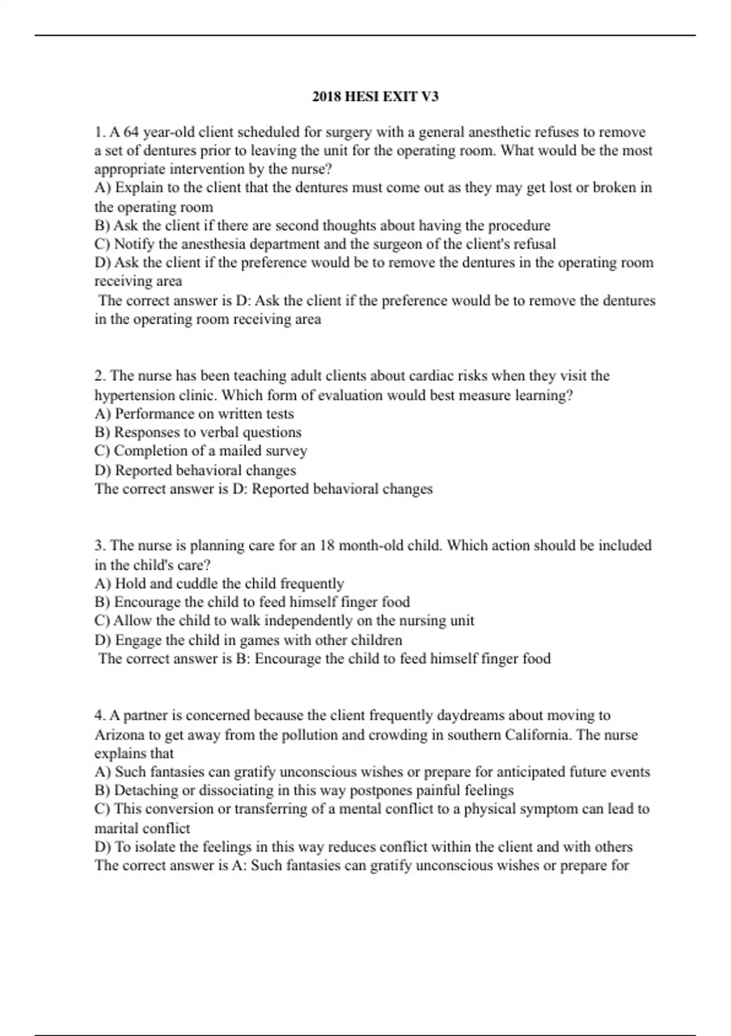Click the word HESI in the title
point(363,96)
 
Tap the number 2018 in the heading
point(327,96)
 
